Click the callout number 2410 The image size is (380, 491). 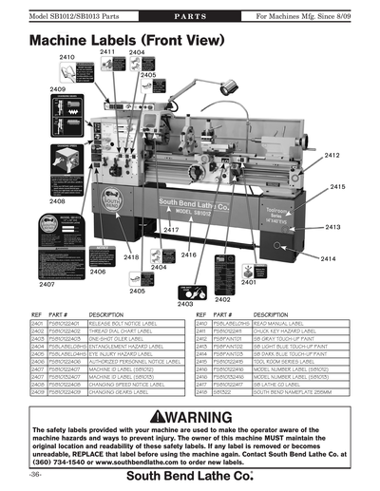click(x=66, y=57)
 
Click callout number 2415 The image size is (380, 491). click(x=337, y=187)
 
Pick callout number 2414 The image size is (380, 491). click(x=328, y=258)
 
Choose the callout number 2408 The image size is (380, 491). click(x=57, y=201)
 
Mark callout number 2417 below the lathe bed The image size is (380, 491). click(x=171, y=230)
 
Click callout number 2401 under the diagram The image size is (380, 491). click(x=249, y=282)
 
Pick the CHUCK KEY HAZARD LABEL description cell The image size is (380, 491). click(x=286, y=331)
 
